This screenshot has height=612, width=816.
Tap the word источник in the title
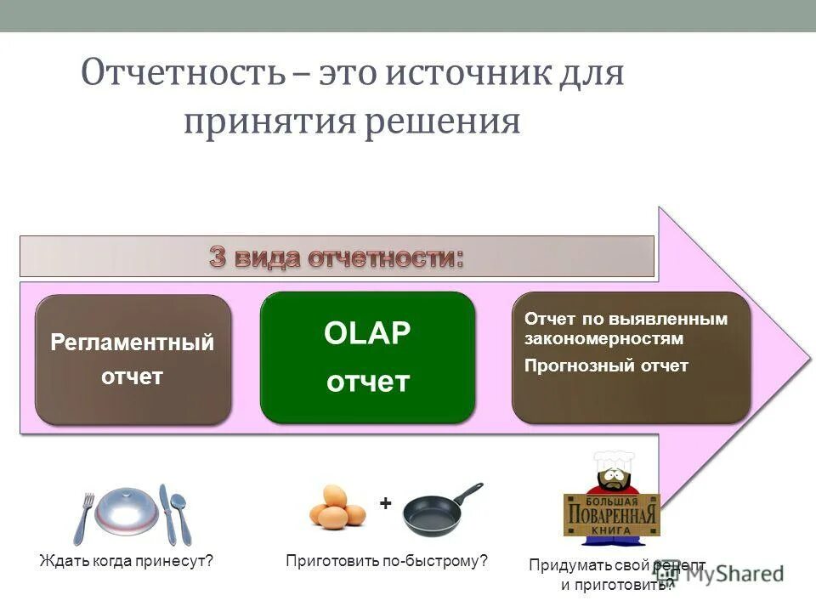(x=460, y=74)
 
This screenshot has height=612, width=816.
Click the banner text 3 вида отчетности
(x=337, y=258)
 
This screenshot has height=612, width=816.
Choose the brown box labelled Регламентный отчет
(x=133, y=360)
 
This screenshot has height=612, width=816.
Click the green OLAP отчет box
(x=367, y=358)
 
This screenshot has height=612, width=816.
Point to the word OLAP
(x=367, y=334)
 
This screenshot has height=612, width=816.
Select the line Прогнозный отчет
(x=606, y=365)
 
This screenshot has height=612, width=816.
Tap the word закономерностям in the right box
(x=603, y=338)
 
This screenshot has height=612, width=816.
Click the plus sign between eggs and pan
(x=385, y=504)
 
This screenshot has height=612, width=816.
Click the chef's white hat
(x=612, y=464)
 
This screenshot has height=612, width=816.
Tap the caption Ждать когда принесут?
(x=126, y=561)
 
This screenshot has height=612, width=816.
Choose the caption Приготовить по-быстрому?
(x=387, y=561)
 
